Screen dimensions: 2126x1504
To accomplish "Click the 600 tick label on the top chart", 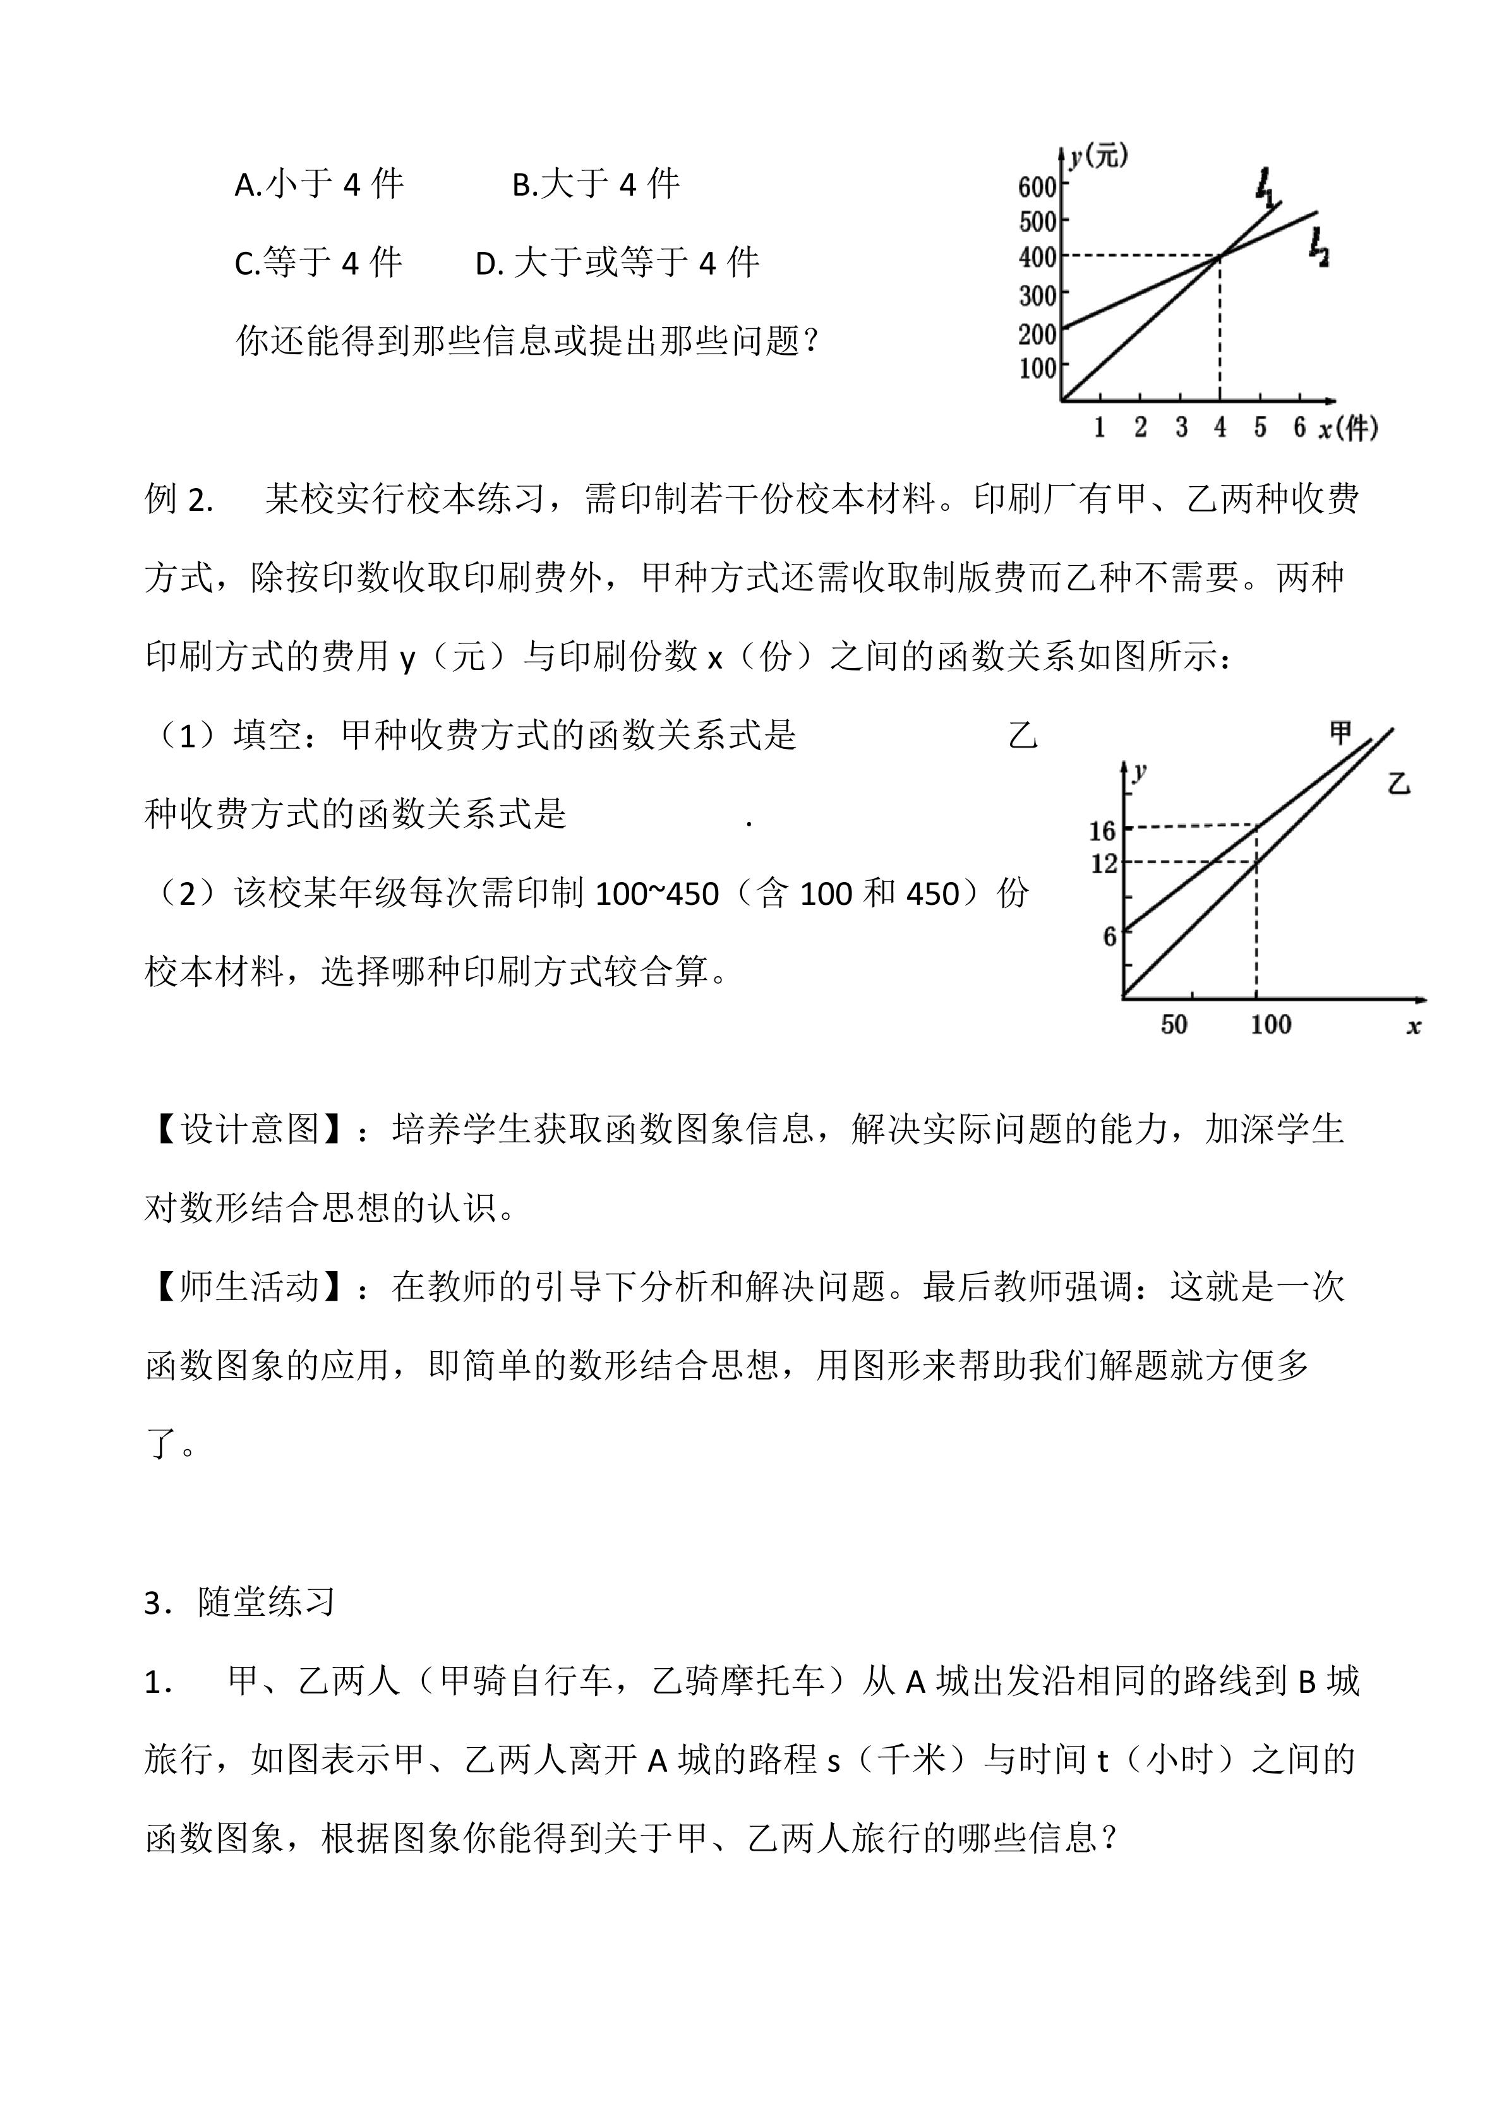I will pos(1037,187).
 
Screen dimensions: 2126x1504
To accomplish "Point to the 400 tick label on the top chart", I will pos(1037,258).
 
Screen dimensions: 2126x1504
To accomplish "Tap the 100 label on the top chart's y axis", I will pos(1037,369).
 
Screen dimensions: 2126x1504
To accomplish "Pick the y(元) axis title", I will pos(1098,157).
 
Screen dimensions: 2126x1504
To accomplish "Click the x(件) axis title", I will pos(1347,428).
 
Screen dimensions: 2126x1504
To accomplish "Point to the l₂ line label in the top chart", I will pos(1319,248).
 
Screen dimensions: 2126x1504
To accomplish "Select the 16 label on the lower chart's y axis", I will pos(1102,830).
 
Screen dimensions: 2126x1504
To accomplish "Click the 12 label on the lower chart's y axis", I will pos(1102,864).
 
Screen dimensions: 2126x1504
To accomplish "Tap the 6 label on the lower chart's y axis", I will pos(1109,936).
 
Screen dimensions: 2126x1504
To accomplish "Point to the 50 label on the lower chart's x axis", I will pos(1174,1024).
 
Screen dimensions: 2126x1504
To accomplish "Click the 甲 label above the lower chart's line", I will pos(1340,733).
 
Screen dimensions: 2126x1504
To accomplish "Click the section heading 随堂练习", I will pos(266,1603).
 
